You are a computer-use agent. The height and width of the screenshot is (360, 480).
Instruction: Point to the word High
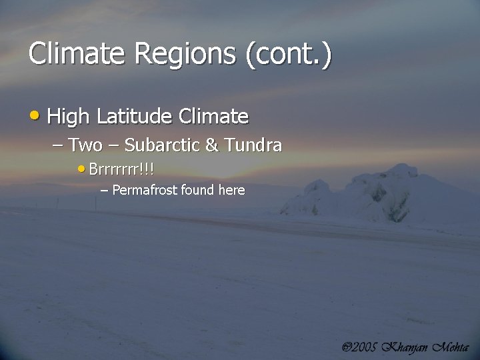point(68,117)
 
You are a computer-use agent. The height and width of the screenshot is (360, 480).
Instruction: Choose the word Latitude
point(134,117)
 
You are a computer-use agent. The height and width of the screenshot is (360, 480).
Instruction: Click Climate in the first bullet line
point(213,117)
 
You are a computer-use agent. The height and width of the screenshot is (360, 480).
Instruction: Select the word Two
point(85,145)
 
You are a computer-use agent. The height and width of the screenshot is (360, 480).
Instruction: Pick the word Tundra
point(253,145)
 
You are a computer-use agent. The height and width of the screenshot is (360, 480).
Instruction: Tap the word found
point(197,190)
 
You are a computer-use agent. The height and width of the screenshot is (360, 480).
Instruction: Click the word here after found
point(231,190)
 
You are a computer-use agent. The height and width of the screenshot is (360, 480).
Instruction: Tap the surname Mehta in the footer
point(451,347)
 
